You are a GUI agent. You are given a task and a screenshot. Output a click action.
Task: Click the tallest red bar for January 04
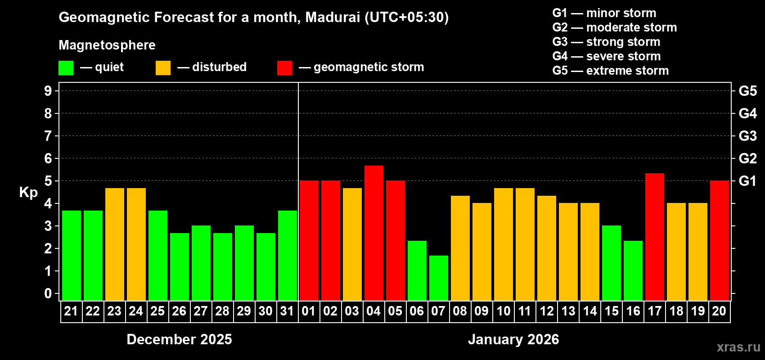click(374, 233)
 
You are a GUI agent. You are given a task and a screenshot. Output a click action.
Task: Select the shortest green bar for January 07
click(439, 278)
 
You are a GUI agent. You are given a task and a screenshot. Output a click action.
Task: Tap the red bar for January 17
click(655, 237)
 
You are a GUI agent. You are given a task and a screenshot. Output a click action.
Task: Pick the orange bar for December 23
click(115, 244)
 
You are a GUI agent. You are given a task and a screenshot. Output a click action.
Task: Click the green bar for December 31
click(288, 256)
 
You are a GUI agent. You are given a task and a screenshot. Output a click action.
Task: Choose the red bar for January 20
click(720, 241)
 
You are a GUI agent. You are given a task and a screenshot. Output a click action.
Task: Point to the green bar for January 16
click(633, 270)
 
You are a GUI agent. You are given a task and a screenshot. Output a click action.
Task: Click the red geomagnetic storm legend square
click(284, 68)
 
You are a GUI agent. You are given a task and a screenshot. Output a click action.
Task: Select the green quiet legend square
click(66, 68)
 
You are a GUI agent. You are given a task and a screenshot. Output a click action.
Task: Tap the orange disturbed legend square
click(163, 68)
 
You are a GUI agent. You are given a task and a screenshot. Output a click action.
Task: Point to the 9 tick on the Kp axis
click(48, 91)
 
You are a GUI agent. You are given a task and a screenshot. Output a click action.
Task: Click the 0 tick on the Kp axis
click(48, 293)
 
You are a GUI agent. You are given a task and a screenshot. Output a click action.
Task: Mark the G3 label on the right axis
click(747, 136)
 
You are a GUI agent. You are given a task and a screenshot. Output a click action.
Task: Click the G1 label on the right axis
click(747, 181)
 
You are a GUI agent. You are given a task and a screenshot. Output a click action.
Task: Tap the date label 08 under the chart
click(460, 311)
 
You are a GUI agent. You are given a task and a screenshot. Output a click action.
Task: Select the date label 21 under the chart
click(71, 311)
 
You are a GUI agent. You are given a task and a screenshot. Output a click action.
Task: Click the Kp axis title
click(28, 193)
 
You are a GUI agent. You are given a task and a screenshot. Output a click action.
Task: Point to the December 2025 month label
click(179, 339)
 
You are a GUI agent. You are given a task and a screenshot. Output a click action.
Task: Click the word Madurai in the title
click(333, 17)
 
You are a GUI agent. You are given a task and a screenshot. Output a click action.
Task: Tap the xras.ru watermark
click(738, 347)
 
